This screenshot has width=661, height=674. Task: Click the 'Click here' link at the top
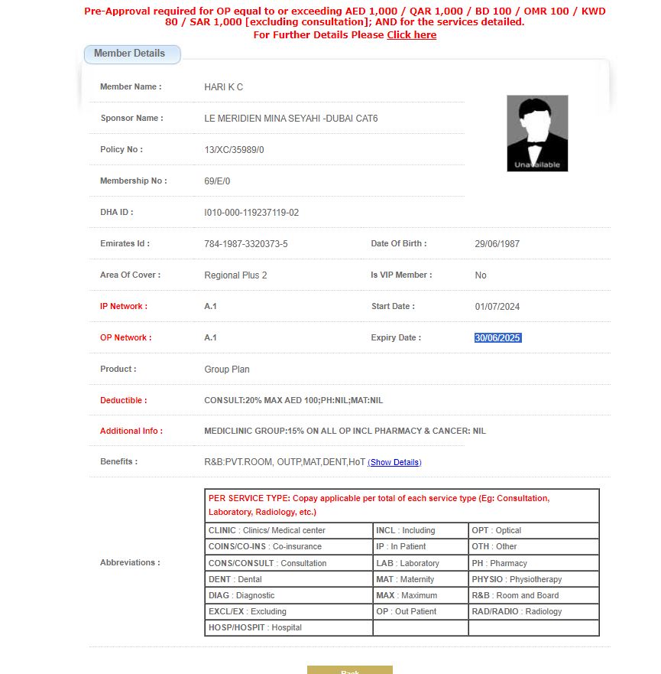click(411, 35)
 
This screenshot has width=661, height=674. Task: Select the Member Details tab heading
click(130, 54)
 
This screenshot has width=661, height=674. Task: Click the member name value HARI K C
click(224, 87)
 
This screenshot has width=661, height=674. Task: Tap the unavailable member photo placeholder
click(537, 133)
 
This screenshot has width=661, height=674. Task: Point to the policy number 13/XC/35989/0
click(234, 150)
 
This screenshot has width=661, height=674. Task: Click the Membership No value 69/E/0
click(217, 181)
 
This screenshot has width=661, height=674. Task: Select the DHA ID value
click(251, 213)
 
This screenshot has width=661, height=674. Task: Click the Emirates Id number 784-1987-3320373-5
click(246, 244)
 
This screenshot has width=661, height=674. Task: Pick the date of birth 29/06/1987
click(497, 244)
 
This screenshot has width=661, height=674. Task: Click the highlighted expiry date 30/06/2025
click(497, 338)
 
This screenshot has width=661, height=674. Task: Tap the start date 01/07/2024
click(497, 307)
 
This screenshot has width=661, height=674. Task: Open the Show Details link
click(394, 462)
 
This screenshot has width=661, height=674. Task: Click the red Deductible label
click(123, 400)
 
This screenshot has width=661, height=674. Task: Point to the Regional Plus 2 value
click(235, 275)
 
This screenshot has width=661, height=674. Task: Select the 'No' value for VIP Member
click(480, 275)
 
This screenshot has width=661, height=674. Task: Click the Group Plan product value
click(227, 370)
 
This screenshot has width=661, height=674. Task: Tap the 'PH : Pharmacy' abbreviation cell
click(533, 563)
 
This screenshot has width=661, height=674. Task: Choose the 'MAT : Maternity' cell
click(420, 579)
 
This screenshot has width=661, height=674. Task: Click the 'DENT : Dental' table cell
click(289, 579)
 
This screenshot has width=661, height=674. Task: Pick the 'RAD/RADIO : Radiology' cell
click(533, 611)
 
